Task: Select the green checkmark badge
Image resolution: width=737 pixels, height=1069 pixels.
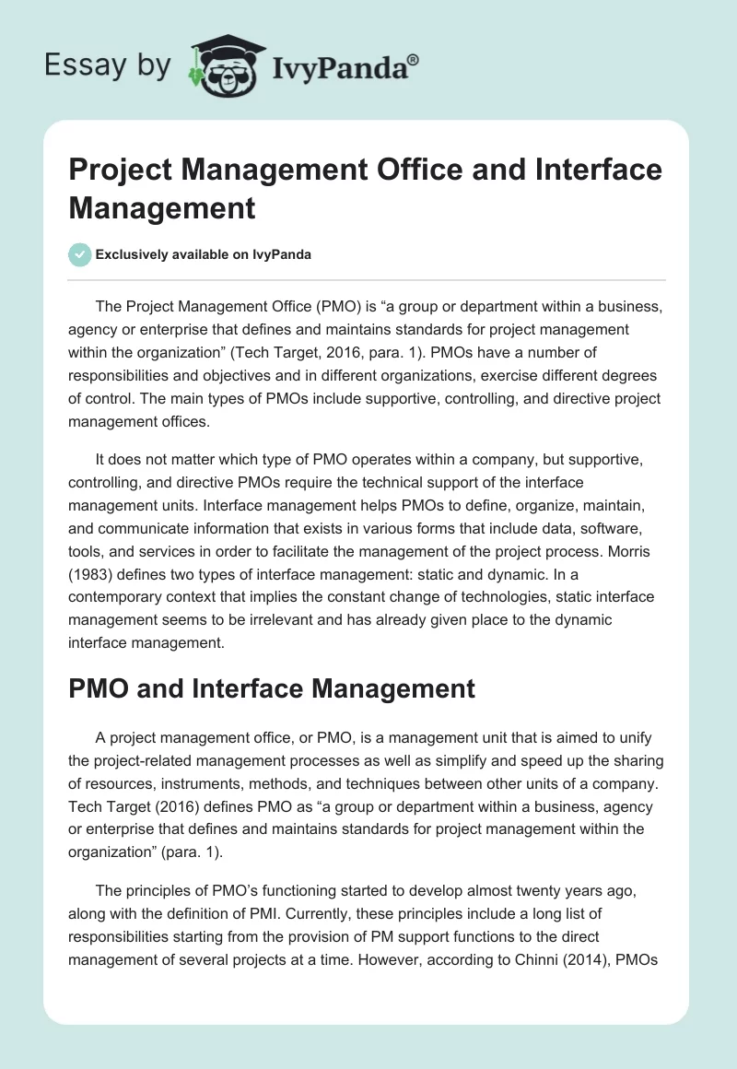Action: [x=80, y=254]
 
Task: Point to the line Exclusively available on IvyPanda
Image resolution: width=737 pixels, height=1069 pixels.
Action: [x=203, y=255]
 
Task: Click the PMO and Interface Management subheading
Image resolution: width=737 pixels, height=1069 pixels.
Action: [x=272, y=687]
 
